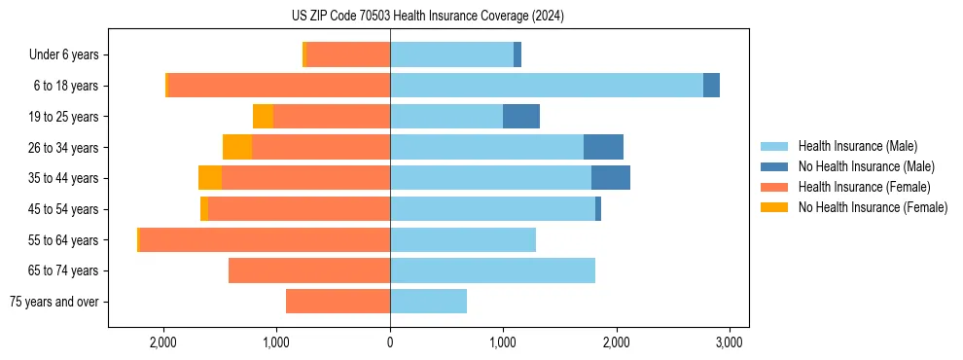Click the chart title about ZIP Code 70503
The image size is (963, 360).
[x=428, y=17]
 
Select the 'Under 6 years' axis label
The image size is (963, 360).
[x=63, y=54]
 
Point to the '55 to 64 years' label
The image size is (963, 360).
[x=64, y=240]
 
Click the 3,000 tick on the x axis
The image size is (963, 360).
[x=730, y=342]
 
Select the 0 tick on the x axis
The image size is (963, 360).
[x=390, y=342]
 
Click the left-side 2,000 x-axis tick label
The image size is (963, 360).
[x=162, y=342]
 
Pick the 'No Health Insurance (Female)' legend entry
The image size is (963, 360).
[x=873, y=207]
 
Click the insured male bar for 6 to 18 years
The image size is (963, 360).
[x=546, y=86]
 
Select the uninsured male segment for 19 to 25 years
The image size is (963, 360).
[x=521, y=117]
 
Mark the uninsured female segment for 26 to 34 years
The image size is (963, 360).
[x=237, y=147]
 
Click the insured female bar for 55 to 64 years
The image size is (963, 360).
[x=265, y=239]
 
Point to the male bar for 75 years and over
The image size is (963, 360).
[x=428, y=302]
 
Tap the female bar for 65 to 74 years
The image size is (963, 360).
[x=309, y=270]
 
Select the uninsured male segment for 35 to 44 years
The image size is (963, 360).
[x=611, y=178]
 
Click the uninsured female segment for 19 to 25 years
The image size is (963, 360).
[x=263, y=117]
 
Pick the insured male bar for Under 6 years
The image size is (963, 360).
[x=451, y=54]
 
